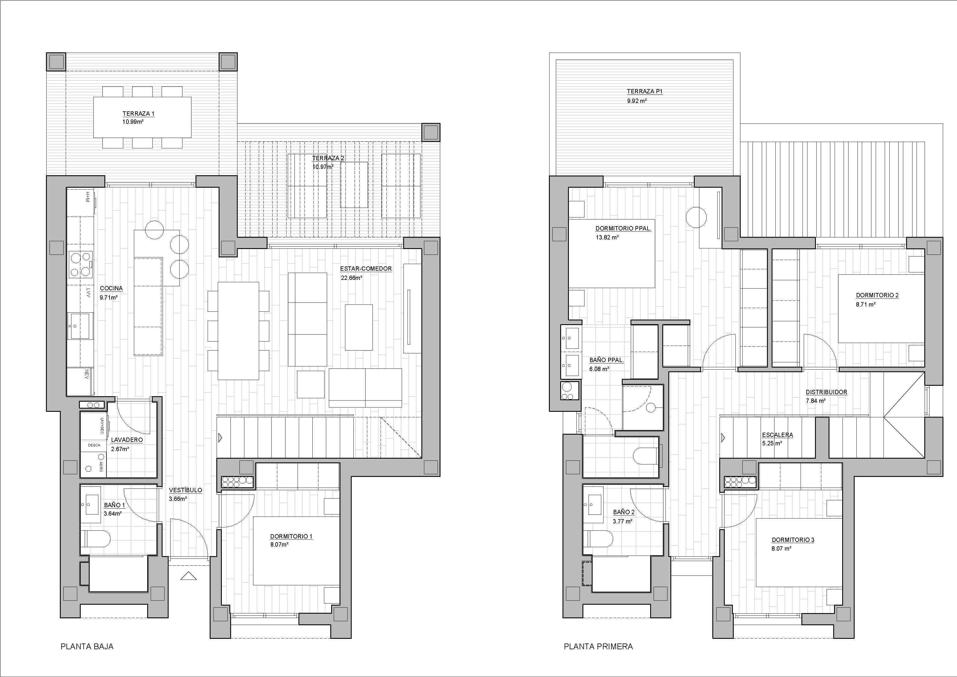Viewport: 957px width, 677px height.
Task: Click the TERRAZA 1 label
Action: (138, 113)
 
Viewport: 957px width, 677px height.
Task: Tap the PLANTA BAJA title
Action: (87, 647)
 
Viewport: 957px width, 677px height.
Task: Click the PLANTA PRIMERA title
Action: (598, 647)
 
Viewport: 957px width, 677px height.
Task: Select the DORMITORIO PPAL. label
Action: (623, 228)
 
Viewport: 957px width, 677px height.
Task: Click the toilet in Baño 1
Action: (96, 538)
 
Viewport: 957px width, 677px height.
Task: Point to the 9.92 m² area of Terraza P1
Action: (637, 101)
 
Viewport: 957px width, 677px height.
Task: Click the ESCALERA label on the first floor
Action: (777, 435)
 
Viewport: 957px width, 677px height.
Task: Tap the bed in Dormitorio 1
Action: (296, 551)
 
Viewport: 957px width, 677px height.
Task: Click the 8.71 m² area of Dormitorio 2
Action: (866, 304)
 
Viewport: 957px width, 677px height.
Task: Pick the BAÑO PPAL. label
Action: (606, 360)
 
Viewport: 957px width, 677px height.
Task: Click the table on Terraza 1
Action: (142, 117)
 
